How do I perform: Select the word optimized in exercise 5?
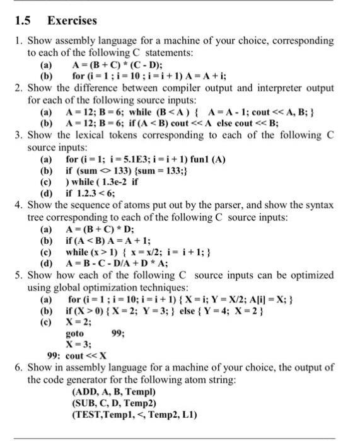(312, 277)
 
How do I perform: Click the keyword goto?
(75, 334)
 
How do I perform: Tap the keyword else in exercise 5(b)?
(200, 312)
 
